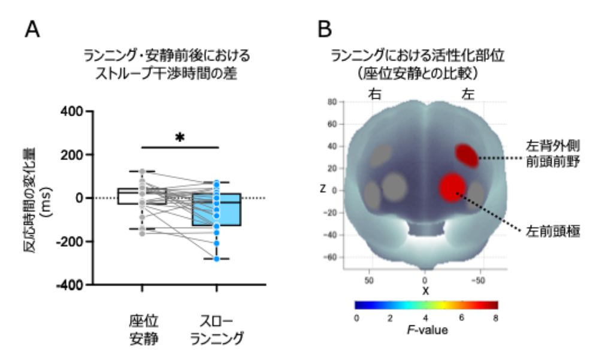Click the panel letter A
pos(32,29)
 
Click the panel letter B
pos(324,29)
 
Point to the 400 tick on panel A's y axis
pos(71,111)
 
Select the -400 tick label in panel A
pos(69,285)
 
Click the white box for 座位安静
pos(142,196)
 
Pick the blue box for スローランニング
pos(216,210)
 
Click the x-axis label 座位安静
pos(143,330)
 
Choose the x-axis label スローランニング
pos(217,330)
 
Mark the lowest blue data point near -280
pos(217,259)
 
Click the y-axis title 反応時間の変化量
pos(30,200)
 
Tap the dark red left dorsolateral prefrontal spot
pos(467,156)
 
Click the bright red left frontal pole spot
pos(452,187)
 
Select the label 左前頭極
pos(553,231)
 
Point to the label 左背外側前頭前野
pos(553,153)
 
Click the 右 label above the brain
pos(374,93)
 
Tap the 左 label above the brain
pos(468,93)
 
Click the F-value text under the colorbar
pos(427,330)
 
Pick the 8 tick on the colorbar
pos(495,318)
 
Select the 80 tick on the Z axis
pos(332,102)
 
